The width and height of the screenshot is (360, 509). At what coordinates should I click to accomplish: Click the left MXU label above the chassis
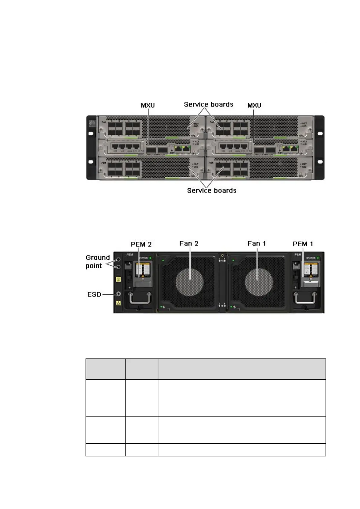tap(148, 105)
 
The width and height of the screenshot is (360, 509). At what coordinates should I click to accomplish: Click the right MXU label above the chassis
tap(254, 105)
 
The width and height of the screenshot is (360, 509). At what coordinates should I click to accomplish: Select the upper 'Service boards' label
tap(209, 105)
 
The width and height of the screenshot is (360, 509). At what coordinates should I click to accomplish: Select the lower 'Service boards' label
tap(212, 191)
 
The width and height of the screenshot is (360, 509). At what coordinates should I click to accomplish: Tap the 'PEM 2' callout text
tap(141, 244)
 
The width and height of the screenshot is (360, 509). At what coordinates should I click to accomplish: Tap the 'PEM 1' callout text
tap(303, 244)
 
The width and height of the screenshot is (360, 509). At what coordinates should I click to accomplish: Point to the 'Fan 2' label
tap(189, 244)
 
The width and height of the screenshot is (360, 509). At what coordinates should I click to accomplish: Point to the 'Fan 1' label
tap(257, 244)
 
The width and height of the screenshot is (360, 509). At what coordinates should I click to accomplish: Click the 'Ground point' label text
tap(97, 262)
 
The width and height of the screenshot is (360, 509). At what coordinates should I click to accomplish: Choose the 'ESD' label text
tap(94, 294)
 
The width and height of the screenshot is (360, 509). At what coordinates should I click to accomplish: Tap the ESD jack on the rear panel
tap(118, 294)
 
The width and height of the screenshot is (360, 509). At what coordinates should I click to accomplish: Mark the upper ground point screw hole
tap(118, 259)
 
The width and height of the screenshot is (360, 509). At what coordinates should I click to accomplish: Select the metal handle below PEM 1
tap(305, 299)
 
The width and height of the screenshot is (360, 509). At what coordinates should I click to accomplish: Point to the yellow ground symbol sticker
tap(118, 280)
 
